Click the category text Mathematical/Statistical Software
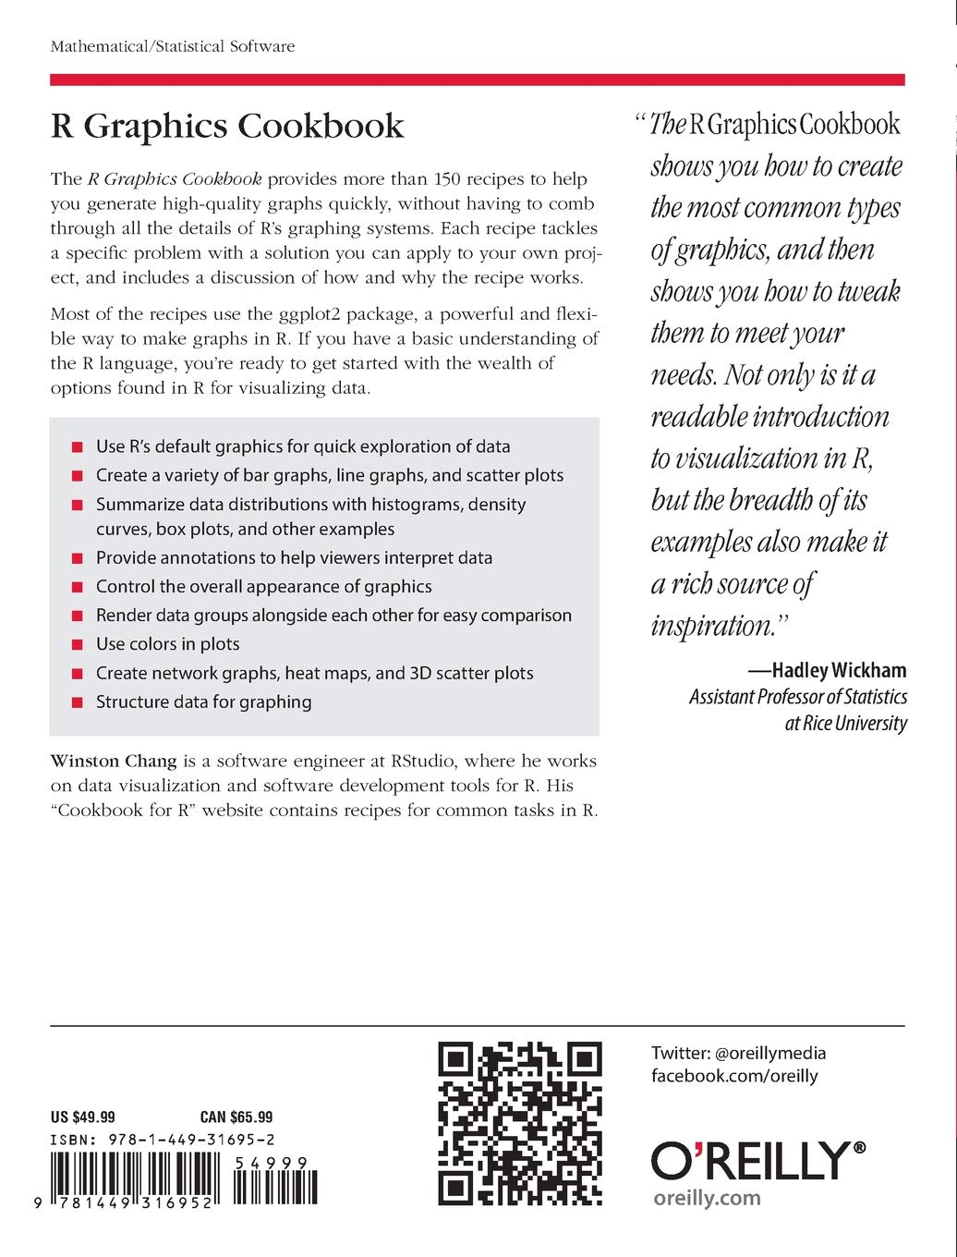click(x=173, y=46)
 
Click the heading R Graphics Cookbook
click(x=227, y=127)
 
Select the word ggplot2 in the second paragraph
click(x=323, y=313)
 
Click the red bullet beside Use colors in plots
click(x=77, y=645)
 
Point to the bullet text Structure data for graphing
click(x=203, y=702)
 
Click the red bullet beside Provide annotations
click(x=77, y=558)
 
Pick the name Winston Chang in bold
click(x=115, y=761)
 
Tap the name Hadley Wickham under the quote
click(x=839, y=670)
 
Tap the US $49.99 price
click(x=83, y=1117)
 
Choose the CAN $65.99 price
click(x=236, y=1117)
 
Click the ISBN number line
click(x=163, y=1141)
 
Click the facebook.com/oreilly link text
click(x=734, y=1075)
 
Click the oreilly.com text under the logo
click(x=707, y=1198)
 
